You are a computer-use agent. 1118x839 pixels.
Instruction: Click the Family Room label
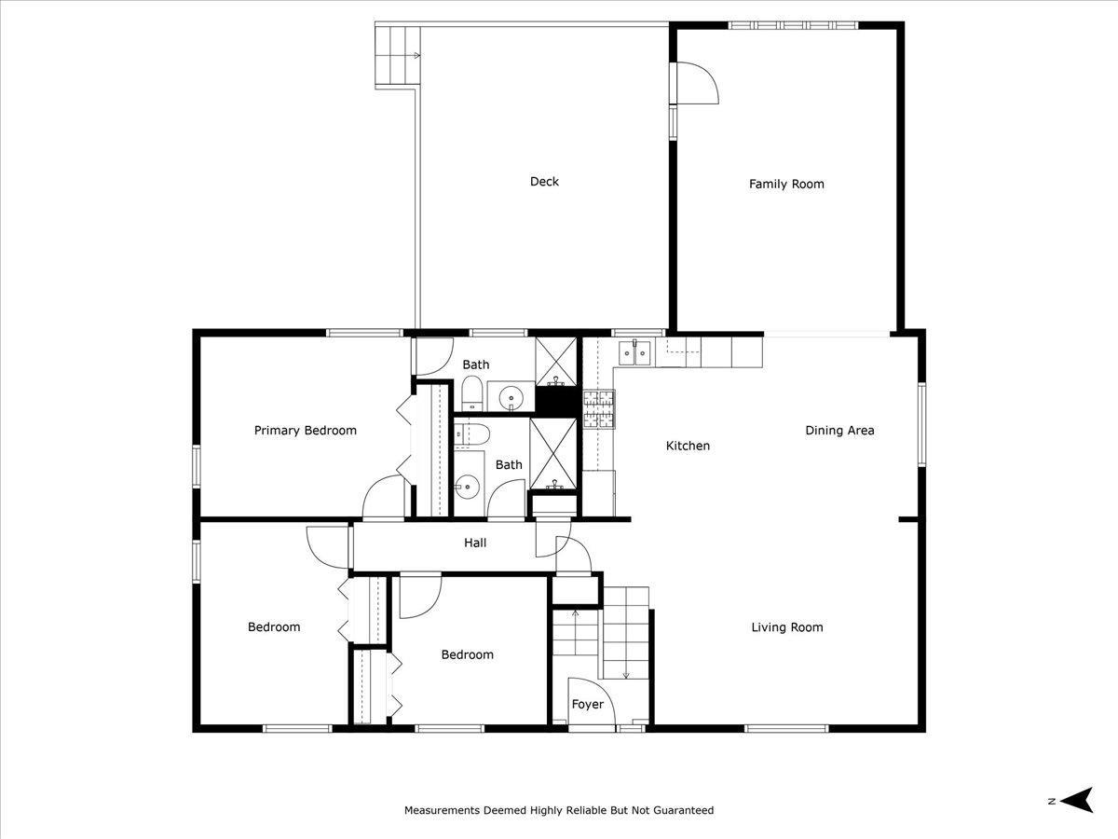point(786,184)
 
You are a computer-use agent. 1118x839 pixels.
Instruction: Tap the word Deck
point(544,182)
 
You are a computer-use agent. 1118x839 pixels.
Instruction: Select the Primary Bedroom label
point(305,431)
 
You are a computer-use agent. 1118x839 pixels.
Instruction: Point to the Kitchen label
point(688,446)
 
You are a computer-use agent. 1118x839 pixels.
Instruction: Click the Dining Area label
point(839,431)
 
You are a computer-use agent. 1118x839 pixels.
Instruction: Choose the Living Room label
point(787,627)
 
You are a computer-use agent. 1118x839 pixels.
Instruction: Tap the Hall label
point(475,543)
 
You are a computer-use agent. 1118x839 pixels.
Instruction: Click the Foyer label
point(587,704)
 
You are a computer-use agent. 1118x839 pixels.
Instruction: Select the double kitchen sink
point(634,353)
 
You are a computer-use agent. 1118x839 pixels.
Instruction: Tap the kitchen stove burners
point(599,408)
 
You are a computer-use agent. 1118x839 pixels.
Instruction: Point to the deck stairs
point(397,55)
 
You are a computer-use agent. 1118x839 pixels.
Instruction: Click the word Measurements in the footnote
point(442,810)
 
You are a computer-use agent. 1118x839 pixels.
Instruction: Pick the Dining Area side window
point(921,424)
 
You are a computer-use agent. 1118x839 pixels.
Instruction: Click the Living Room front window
point(786,728)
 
